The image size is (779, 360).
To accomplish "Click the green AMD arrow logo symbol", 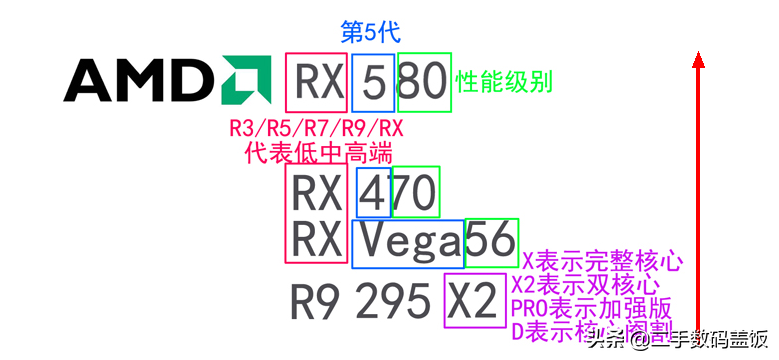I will point(245,81).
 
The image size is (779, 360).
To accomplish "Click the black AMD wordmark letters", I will point(140,81).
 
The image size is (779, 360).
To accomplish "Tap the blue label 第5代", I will point(371,31).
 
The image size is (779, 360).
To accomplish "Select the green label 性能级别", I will point(504,81).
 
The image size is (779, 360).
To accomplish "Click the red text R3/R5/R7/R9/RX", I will point(316,129).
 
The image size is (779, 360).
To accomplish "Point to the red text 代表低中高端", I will point(318,153).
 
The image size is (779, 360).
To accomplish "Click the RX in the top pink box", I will point(317,82).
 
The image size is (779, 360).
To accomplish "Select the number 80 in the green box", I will point(423,82).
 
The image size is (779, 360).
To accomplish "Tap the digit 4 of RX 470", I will point(374,192).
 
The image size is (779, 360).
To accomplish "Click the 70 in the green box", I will point(416,192).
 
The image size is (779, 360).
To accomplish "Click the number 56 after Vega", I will point(491,241).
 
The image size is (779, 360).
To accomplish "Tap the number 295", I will point(391,300).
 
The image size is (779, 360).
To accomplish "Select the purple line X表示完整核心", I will point(602,262).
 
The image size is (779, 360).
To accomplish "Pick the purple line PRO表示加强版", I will point(590,307).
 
